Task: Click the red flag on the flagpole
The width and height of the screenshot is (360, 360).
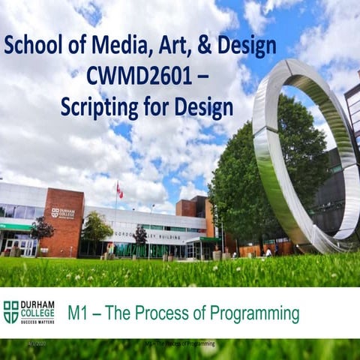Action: click(x=119, y=190)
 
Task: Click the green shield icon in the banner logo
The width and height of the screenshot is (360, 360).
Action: click(x=10, y=310)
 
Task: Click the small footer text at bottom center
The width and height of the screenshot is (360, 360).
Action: click(x=180, y=343)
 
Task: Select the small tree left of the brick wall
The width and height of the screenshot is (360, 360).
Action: click(x=41, y=229)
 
